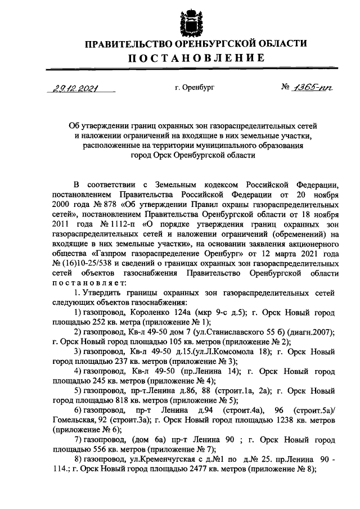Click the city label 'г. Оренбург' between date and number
coord(195,88)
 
